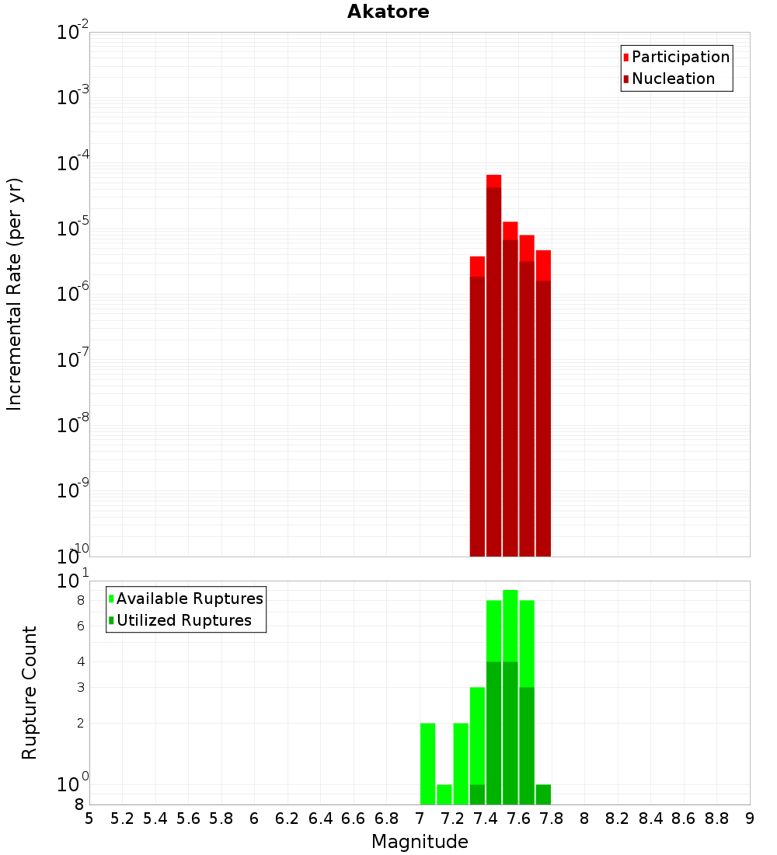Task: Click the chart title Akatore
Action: click(x=388, y=12)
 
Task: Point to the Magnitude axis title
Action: click(x=420, y=842)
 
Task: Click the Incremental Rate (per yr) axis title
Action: click(x=15, y=294)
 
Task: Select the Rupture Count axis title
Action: click(x=30, y=693)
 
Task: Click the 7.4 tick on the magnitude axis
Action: click(x=486, y=818)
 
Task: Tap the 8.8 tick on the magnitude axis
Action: click(x=716, y=818)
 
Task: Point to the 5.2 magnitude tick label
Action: click(x=123, y=818)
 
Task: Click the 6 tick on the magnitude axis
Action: click(x=254, y=818)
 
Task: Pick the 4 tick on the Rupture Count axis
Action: click(x=80, y=661)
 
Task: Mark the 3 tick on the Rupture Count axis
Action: click(x=80, y=687)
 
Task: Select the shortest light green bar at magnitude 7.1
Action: click(x=444, y=794)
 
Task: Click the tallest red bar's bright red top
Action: click(x=493, y=181)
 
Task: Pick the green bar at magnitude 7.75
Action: click(x=543, y=794)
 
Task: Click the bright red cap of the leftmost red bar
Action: click(x=477, y=266)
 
